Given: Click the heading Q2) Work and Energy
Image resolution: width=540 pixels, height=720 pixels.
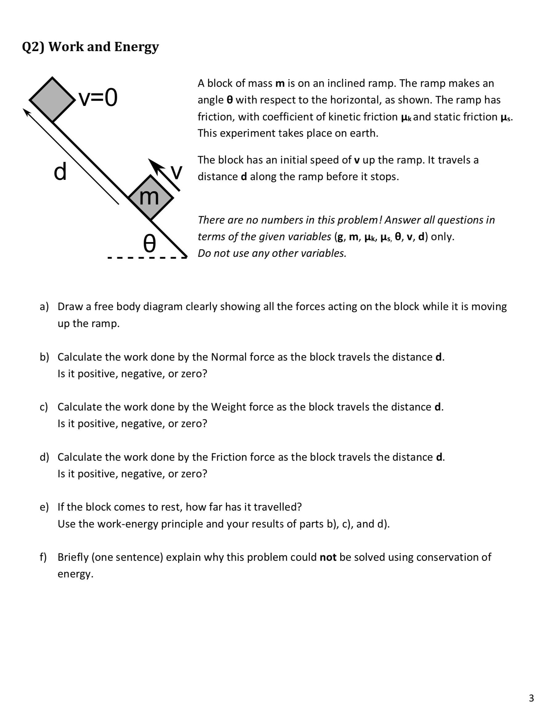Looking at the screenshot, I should click(90, 47).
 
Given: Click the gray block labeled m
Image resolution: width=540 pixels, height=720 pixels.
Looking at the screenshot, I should click(150, 198).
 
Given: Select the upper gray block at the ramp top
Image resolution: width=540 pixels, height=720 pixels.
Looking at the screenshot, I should click(52, 99).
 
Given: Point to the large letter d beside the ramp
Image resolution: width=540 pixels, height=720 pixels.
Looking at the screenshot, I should click(60, 172).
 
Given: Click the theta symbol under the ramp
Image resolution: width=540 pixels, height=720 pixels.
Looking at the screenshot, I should click(149, 244).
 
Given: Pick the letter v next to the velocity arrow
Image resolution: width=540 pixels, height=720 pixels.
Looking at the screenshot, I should click(177, 172).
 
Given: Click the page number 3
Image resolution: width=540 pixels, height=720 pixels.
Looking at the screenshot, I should click(531, 698).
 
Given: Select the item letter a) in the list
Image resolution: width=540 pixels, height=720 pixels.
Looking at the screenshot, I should click(44, 307).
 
